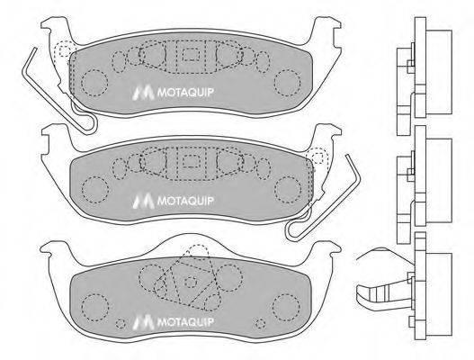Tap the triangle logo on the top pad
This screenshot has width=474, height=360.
click(139, 91)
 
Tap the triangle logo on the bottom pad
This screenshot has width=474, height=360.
click(139, 318)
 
